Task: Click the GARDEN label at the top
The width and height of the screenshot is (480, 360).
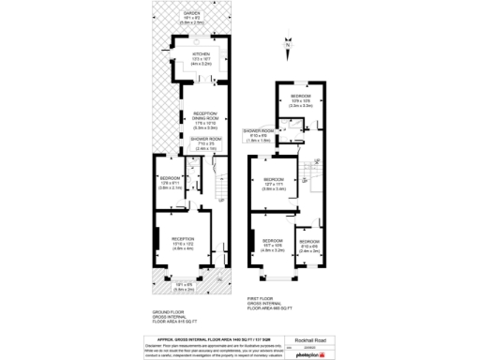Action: [190, 15]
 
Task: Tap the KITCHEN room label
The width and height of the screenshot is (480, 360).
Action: [201, 57]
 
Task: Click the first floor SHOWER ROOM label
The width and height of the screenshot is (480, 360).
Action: [258, 133]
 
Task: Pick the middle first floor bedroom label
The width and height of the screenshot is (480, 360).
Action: [274, 182]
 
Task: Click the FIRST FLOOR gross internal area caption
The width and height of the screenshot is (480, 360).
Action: [273, 302]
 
